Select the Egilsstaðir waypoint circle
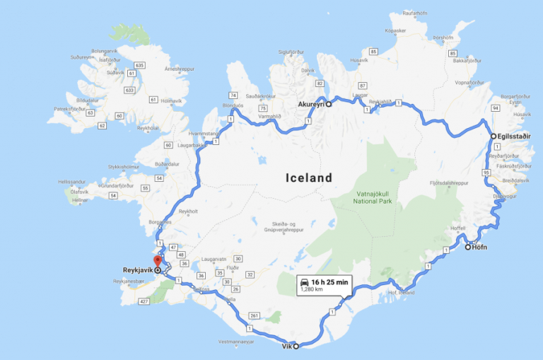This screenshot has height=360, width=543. (494, 137)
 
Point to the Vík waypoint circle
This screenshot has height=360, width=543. (296, 346)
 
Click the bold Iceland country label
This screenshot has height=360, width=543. (308, 178)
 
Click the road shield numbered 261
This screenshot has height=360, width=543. (255, 316)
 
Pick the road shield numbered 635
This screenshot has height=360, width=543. (139, 65)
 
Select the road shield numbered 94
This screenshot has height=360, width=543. (496, 108)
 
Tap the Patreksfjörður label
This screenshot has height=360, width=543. (70, 110)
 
